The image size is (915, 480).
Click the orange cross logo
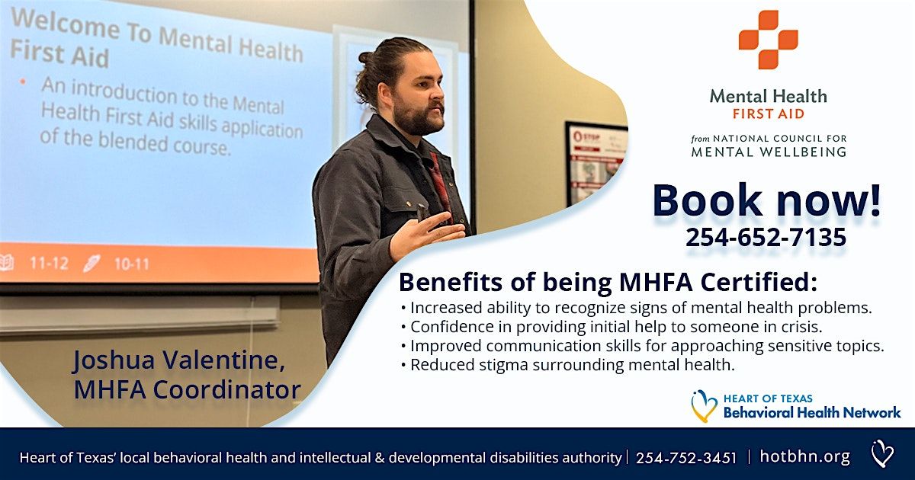point(768,40)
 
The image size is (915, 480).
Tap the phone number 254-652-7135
point(766,238)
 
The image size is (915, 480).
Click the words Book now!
point(766,200)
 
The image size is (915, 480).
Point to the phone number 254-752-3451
point(686,457)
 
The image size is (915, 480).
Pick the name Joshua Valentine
point(179,360)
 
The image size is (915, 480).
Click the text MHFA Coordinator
point(187,390)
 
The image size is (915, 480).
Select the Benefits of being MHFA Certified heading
point(608,283)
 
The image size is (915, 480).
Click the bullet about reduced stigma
point(567,364)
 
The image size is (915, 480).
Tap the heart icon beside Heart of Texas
point(704,406)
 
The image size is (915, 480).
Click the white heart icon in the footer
point(882,454)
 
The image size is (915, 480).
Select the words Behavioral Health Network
point(811,413)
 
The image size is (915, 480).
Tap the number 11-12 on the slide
point(49,264)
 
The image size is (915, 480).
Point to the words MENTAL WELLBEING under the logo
point(768,152)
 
